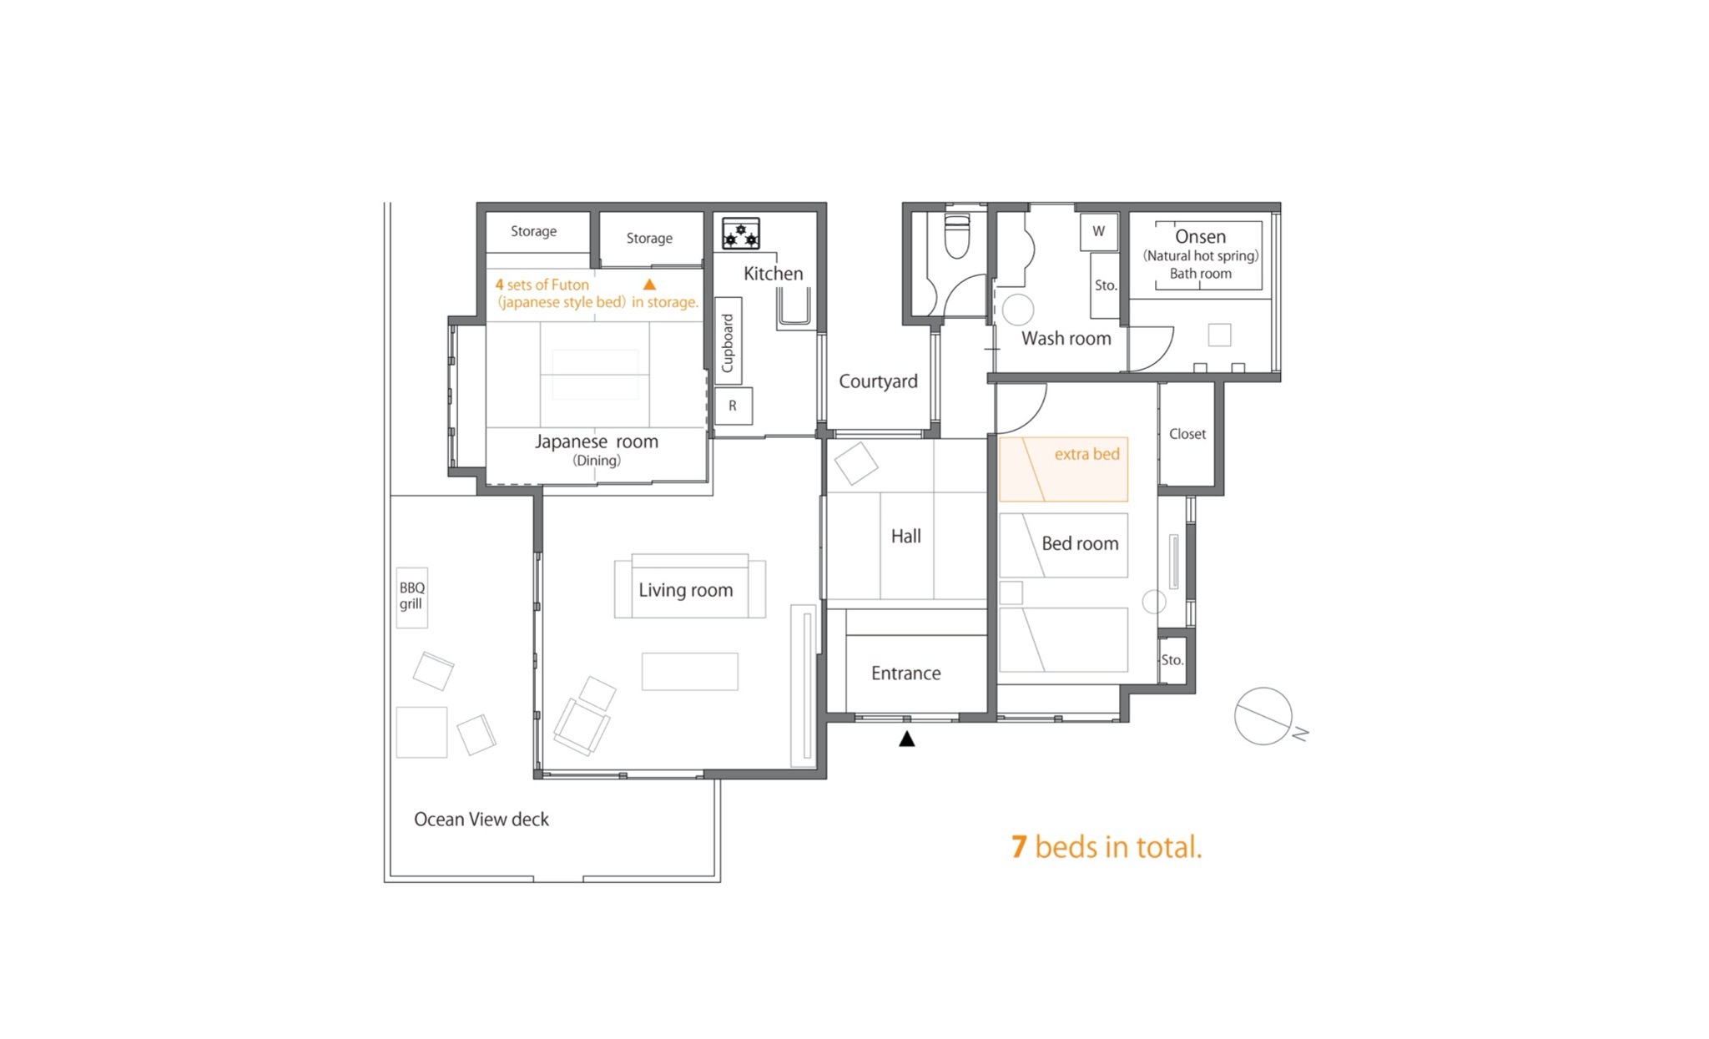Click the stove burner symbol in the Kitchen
tap(741, 234)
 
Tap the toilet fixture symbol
tap(956, 236)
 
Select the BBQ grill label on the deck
tap(411, 596)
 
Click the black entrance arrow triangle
tap(907, 739)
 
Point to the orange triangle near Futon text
tap(649, 285)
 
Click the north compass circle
tap(1263, 716)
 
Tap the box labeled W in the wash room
tap(1098, 232)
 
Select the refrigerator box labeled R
tap(734, 406)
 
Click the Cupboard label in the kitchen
tap(728, 343)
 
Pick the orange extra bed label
tap(1086, 454)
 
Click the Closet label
tap(1187, 434)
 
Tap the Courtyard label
tap(878, 381)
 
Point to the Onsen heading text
tap(1200, 236)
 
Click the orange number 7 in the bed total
tap(1018, 847)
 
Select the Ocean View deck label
tap(481, 820)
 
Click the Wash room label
tap(1066, 338)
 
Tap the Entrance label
tap(906, 673)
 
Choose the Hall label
tap(905, 536)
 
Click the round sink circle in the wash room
tap(1017, 310)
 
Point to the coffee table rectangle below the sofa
tap(690, 671)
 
